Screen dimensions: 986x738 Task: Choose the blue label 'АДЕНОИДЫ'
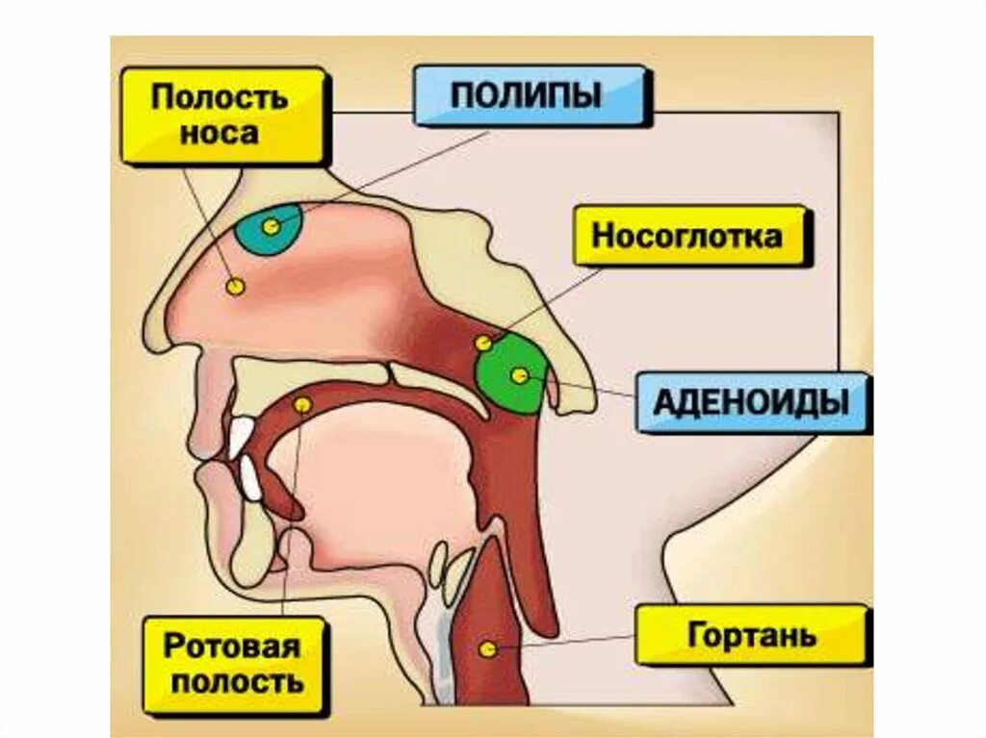751,402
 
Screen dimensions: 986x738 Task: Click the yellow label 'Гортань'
752,635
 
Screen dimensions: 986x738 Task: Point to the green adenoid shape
511,373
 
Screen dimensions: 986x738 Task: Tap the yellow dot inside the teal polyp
272,227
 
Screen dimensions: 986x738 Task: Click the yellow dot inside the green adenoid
520,376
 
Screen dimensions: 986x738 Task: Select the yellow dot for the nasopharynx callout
483,343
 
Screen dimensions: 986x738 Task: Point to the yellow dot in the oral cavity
302,404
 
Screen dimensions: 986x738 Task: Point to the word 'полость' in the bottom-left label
233,683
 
